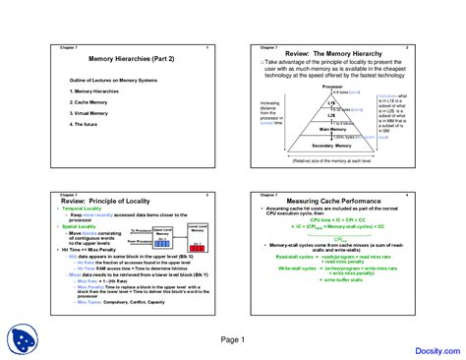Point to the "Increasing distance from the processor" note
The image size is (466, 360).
coord(269,113)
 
